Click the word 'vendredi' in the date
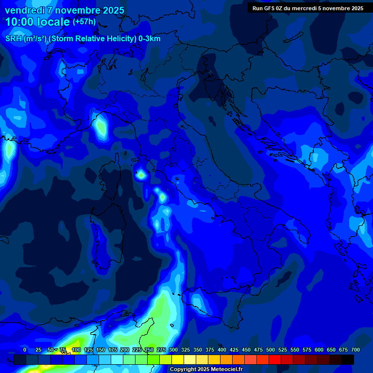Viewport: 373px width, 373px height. pos(24,10)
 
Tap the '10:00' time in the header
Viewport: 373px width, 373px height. pos(19,22)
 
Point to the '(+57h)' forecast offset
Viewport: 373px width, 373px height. pos(84,22)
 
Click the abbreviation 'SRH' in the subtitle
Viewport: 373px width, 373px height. pos(14,39)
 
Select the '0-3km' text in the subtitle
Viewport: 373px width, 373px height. pos(149,39)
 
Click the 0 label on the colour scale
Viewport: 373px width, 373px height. pos(25,350)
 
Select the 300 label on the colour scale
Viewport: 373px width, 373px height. pos(173,350)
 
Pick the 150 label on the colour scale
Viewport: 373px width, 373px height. pos(101,350)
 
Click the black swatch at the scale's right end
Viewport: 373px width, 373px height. pos(348,359)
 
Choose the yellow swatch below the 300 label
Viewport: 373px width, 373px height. pos(178,359)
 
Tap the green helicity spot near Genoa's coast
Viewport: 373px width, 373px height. pos(101,126)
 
